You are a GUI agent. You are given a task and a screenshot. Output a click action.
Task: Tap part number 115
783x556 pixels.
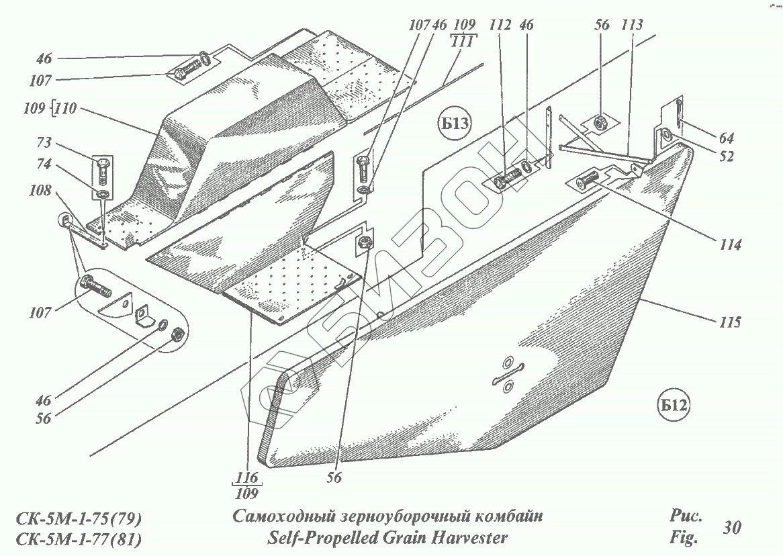click(x=728, y=323)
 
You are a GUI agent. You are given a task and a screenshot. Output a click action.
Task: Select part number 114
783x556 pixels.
click(x=728, y=246)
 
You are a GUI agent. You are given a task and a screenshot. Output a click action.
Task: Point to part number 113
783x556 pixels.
click(x=632, y=26)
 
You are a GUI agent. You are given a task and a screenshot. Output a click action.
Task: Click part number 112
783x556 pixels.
click(x=501, y=26)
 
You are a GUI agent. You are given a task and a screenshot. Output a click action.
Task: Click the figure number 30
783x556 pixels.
click(x=732, y=528)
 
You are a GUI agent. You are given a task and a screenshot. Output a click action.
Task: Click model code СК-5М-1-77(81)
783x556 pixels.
click(x=79, y=539)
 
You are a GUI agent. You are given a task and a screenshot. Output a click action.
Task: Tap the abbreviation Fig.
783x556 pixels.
click(x=684, y=537)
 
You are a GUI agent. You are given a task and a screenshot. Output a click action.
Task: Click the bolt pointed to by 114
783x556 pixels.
click(x=588, y=180)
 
